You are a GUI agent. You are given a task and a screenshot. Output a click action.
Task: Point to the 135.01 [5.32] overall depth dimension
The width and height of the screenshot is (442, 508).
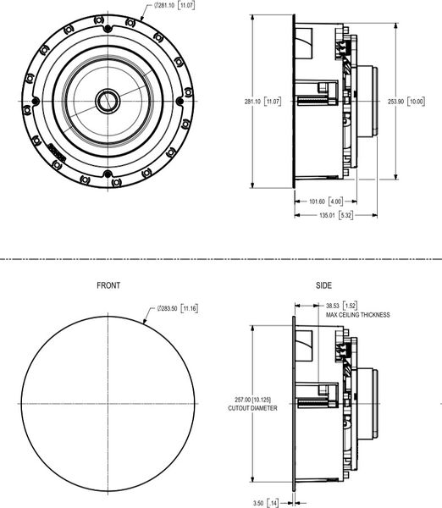click(x=335, y=215)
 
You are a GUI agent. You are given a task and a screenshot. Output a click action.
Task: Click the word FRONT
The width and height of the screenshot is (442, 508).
click(x=108, y=285)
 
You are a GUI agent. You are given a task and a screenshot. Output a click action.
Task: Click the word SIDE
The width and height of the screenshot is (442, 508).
click(x=324, y=285)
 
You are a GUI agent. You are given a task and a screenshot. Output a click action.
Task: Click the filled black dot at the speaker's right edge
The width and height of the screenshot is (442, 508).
click(x=180, y=101)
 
